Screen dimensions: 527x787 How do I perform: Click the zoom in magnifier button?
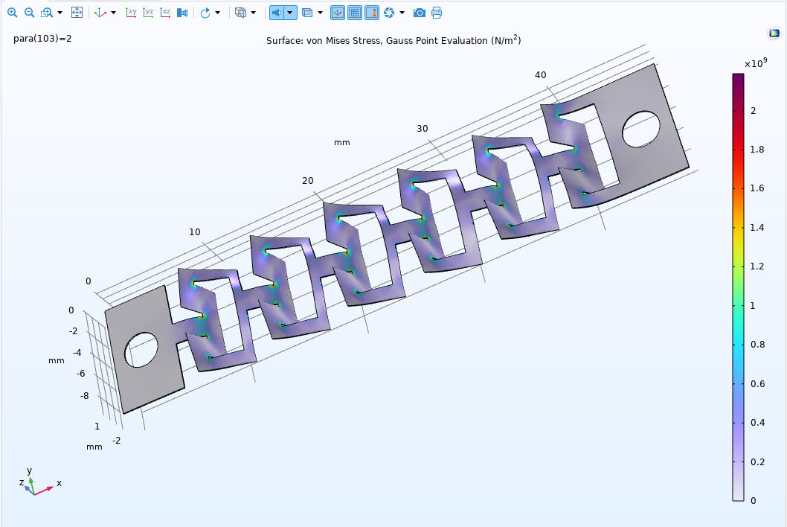(x=12, y=13)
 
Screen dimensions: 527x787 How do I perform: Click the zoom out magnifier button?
(x=29, y=13)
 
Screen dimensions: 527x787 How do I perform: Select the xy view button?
(x=132, y=13)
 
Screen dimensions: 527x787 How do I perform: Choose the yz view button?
(x=149, y=13)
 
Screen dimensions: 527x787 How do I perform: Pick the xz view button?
(x=166, y=13)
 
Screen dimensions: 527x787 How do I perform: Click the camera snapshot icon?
(x=420, y=13)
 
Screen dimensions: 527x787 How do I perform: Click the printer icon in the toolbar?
(x=437, y=13)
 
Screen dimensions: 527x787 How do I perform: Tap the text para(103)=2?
(x=42, y=39)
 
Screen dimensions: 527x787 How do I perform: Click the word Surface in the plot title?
(x=284, y=41)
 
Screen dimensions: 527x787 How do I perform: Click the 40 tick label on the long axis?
(x=541, y=74)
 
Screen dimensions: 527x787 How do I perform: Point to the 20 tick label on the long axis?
(x=308, y=182)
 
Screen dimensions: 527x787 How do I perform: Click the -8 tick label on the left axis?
(x=86, y=396)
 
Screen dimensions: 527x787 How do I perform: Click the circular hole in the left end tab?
(x=141, y=350)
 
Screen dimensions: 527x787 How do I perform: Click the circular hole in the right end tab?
(x=640, y=129)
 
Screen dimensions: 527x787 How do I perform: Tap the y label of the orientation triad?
(x=29, y=470)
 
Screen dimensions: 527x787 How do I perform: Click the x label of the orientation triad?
(x=59, y=483)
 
